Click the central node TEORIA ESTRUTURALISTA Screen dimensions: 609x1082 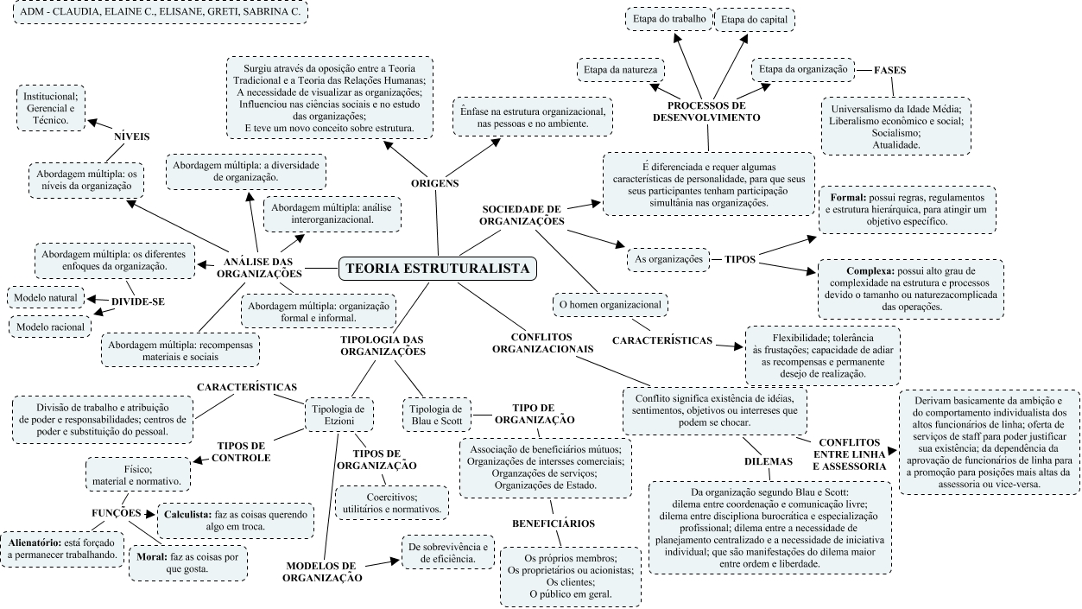[x=437, y=268]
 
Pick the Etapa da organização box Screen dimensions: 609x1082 [x=801, y=68]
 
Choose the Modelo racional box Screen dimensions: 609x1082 [x=49, y=327]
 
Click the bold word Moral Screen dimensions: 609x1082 [x=151, y=556]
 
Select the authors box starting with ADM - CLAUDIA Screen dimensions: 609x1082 [x=161, y=13]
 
